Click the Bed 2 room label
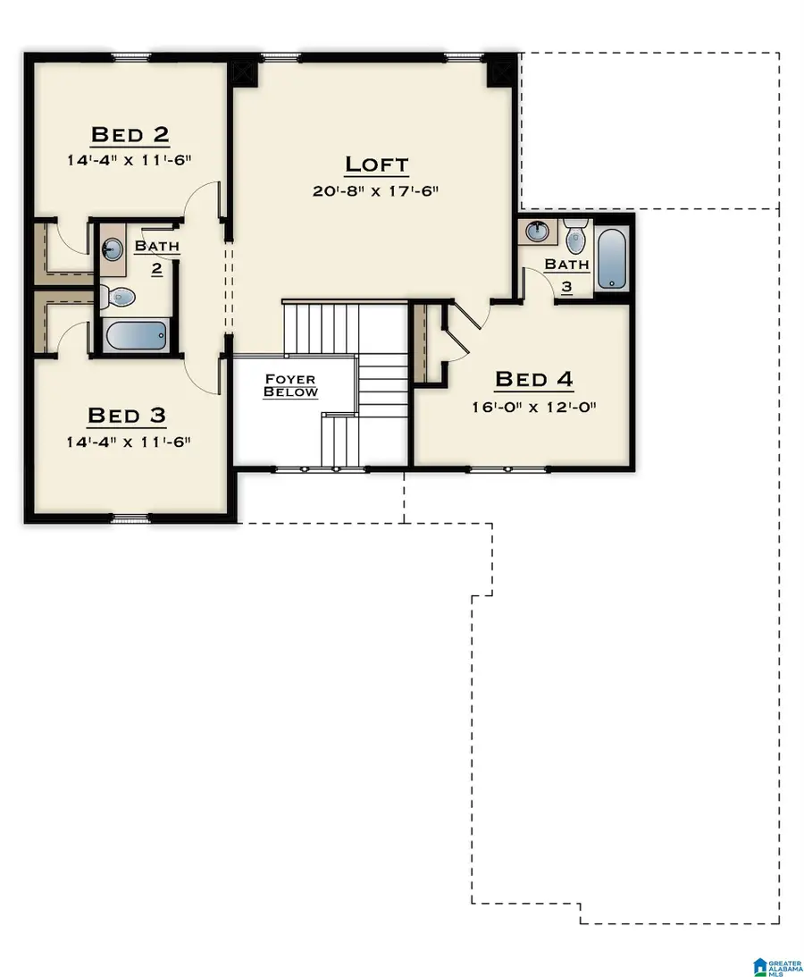130,135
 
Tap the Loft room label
376,164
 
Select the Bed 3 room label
127,416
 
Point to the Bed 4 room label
532,379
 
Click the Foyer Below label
290,385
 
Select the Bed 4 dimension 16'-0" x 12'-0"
532,406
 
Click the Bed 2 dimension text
130,161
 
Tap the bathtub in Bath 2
136,336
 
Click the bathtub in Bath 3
612,259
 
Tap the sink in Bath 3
537,232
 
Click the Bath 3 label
567,273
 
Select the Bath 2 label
156,255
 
